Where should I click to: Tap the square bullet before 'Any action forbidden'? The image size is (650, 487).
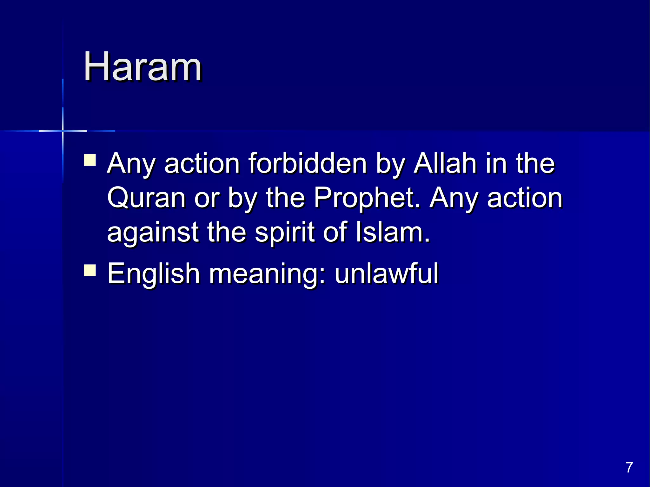coord(90,160)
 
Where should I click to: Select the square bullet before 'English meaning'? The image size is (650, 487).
coord(90,271)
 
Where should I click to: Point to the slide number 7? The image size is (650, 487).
coord(629,468)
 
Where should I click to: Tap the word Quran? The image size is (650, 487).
coord(146,198)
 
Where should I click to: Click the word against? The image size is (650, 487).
coord(153,233)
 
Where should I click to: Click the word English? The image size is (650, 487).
coord(153,273)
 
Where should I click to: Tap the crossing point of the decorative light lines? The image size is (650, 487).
coord(63,131)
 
